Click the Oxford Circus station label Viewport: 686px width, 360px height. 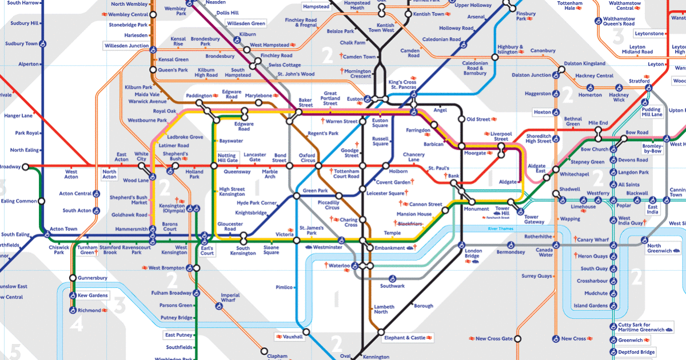coord(308,158)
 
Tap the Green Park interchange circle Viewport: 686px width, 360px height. coord(297,196)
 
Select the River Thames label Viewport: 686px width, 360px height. coord(500,229)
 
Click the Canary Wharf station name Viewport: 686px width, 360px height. coord(593,239)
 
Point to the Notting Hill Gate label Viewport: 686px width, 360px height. coord(227,158)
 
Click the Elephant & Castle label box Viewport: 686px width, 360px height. coord(405,338)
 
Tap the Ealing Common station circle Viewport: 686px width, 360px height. coord(41,201)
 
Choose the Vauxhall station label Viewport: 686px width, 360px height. coord(292,337)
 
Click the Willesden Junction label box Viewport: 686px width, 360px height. coord(126,46)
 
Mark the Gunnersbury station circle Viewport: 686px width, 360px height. coord(73,278)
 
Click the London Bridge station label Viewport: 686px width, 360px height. coord(473,254)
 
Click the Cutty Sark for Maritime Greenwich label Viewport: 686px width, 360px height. coord(642,327)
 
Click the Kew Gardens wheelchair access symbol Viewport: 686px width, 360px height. coord(73,295)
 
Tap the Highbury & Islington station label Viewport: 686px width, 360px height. coord(510,50)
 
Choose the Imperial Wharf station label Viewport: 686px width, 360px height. coord(230,298)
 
